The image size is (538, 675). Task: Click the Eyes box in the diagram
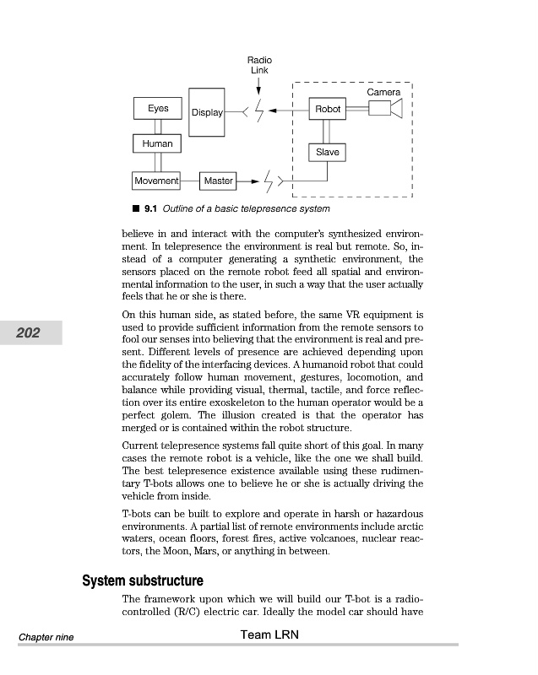158,109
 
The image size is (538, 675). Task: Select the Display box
207,112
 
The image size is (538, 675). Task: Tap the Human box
158,143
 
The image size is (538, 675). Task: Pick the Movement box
157,181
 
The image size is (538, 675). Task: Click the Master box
218,181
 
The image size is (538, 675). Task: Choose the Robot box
328,110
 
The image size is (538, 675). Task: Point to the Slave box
328,152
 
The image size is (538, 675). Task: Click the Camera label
383,91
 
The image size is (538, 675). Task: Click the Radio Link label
259,65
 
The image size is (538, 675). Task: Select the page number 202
28,333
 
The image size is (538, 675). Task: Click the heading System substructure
142,581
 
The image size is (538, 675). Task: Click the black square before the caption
135,208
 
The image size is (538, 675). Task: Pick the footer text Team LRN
269,634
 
